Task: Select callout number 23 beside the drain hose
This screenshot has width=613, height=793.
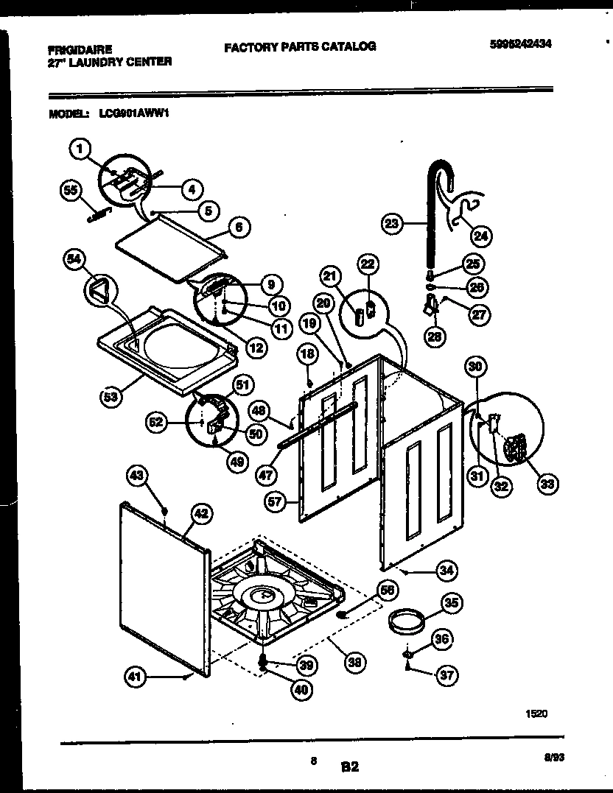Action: click(392, 223)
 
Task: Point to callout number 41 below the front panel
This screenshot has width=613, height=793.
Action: click(134, 678)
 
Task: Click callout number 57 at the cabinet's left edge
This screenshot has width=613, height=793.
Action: click(276, 503)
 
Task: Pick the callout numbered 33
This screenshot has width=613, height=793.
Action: click(547, 484)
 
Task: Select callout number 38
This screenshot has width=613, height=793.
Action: click(356, 663)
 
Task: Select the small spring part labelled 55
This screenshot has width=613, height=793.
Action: click(96, 214)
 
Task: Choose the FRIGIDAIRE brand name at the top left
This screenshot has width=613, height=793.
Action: click(80, 50)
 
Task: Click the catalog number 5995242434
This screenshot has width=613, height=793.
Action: click(519, 44)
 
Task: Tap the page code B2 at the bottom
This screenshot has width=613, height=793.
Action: click(349, 766)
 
